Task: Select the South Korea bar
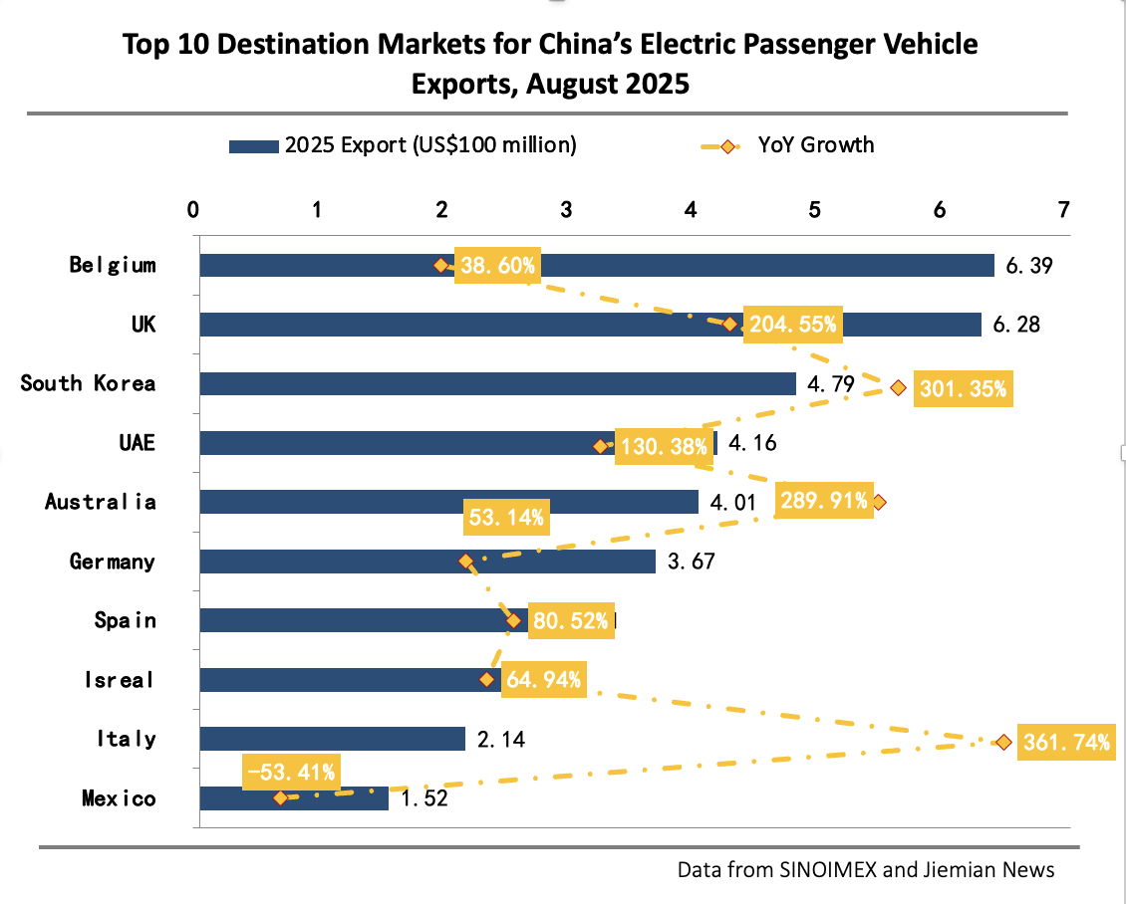pos(498,384)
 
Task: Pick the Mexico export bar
pos(329,798)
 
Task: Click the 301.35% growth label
pos(964,389)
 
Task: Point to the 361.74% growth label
pos(1065,743)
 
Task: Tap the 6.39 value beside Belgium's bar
pos(1028,266)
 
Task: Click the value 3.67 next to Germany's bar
pos(691,563)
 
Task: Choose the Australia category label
pos(100,502)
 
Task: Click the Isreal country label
pos(120,680)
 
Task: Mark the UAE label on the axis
pos(137,443)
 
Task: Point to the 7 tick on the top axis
pos(1064,210)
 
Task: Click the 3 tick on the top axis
pos(566,210)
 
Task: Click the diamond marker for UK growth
pos(729,324)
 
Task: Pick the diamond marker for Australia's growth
pos(877,503)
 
